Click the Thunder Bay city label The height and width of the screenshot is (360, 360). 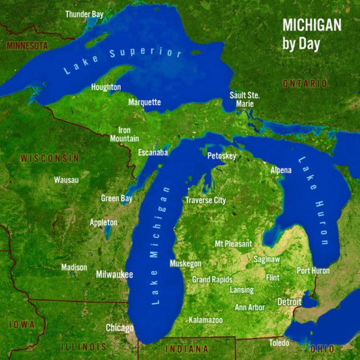click(x=84, y=14)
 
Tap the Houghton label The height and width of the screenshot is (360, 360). click(x=106, y=88)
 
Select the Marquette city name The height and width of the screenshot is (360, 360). click(x=145, y=103)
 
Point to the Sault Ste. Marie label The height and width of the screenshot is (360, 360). click(x=244, y=99)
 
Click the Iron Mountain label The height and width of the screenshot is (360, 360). click(x=124, y=134)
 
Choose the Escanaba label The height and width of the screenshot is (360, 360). click(x=153, y=153)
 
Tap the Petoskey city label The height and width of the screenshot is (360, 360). click(x=222, y=156)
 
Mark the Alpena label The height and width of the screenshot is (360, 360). click(x=281, y=170)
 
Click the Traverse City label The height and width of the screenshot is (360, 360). click(x=205, y=201)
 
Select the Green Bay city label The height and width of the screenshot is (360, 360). click(x=116, y=199)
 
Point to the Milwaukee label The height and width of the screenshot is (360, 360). click(x=114, y=275)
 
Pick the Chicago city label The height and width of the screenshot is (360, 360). click(x=120, y=328)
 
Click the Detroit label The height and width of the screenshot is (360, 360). click(x=289, y=301)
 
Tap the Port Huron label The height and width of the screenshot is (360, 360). click(x=313, y=271)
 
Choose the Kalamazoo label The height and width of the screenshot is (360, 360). click(x=205, y=319)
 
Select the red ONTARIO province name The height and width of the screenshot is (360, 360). click(x=305, y=83)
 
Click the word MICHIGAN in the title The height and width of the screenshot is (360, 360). click(x=311, y=25)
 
